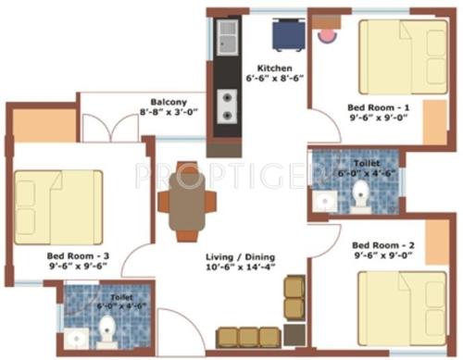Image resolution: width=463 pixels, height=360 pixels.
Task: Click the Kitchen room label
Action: click(x=275, y=68)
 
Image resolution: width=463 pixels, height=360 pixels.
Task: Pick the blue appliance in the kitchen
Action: click(x=283, y=36)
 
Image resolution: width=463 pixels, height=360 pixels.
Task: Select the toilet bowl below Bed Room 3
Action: click(x=108, y=328)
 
